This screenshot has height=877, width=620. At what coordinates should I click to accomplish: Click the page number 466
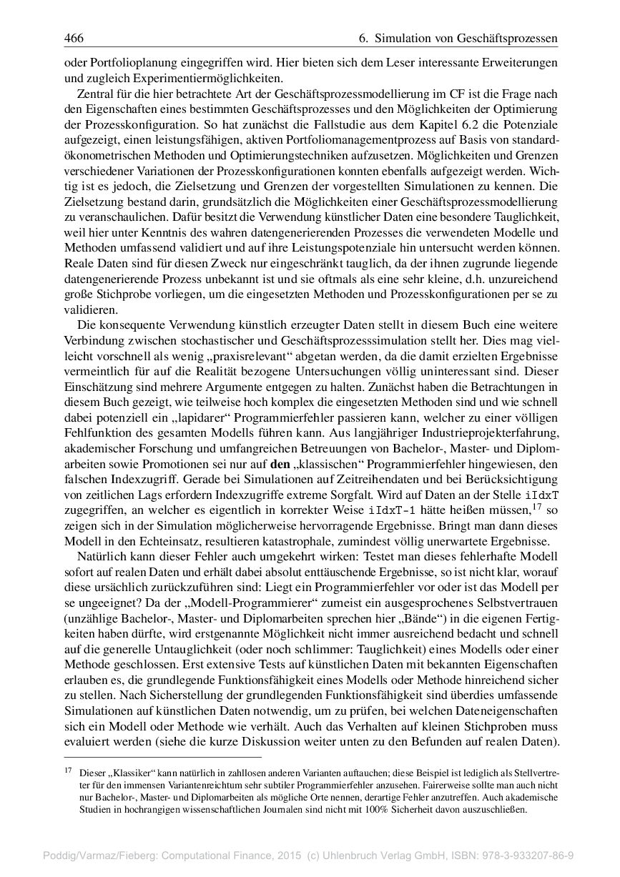(x=74, y=36)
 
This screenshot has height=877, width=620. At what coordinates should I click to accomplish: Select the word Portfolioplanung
(x=119, y=63)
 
